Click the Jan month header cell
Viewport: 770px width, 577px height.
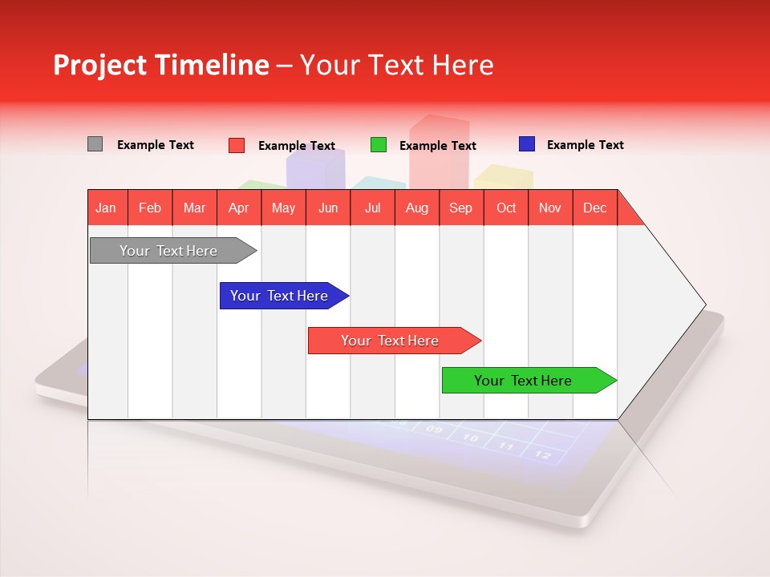coord(106,208)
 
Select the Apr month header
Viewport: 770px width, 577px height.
coord(238,208)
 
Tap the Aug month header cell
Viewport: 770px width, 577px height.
coord(416,208)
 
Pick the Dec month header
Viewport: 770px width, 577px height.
coord(594,208)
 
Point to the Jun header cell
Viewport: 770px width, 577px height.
coord(327,208)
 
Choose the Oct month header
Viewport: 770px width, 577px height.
coord(505,208)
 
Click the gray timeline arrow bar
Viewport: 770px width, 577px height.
coord(169,251)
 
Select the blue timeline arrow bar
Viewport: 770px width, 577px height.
coord(281,296)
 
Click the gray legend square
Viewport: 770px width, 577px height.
coord(95,144)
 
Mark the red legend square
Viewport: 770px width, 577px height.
coord(236,145)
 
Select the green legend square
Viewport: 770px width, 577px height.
coord(378,145)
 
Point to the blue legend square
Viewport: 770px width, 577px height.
coord(526,144)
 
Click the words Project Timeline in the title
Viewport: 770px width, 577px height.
coord(160,65)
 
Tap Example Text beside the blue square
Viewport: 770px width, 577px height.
coord(585,145)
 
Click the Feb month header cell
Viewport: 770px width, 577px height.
coord(150,208)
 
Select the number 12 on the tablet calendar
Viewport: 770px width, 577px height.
coord(543,455)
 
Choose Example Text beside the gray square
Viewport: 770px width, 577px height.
coord(155,145)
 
